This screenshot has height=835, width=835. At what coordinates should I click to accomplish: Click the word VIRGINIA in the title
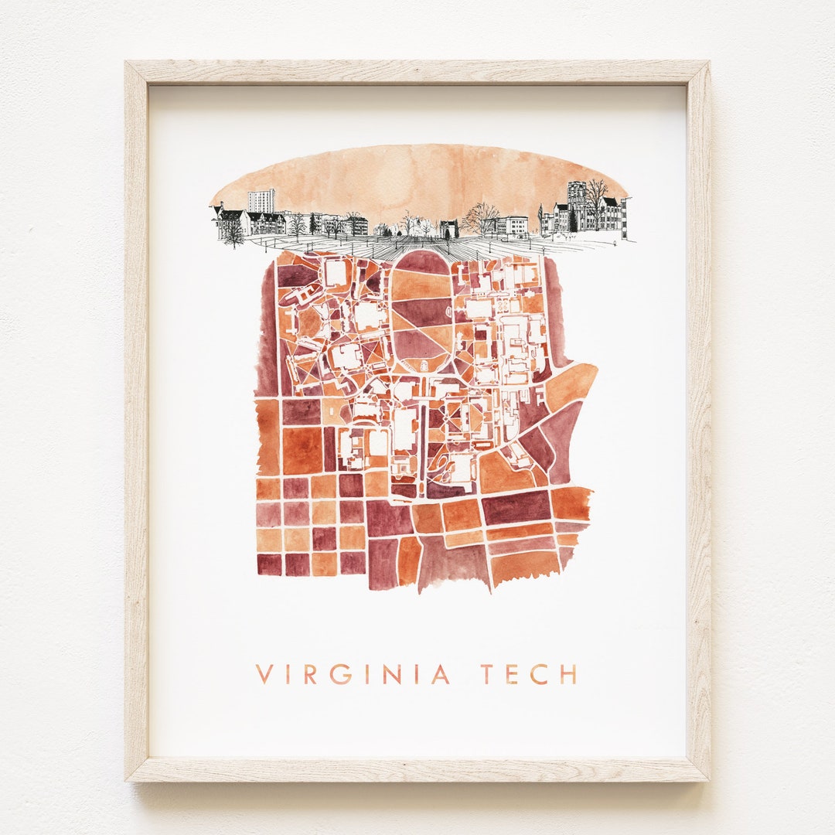click(x=353, y=673)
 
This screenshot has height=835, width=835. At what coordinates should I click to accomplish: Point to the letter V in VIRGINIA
click(x=264, y=673)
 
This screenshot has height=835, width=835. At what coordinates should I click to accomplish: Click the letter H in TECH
click(x=568, y=673)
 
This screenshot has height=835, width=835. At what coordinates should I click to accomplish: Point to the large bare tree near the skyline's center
click(x=482, y=218)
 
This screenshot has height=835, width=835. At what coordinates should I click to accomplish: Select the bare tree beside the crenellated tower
click(x=596, y=196)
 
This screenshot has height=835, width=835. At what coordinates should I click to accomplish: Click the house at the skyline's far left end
click(x=230, y=222)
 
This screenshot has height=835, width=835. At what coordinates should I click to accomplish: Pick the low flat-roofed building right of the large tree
click(x=513, y=225)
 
